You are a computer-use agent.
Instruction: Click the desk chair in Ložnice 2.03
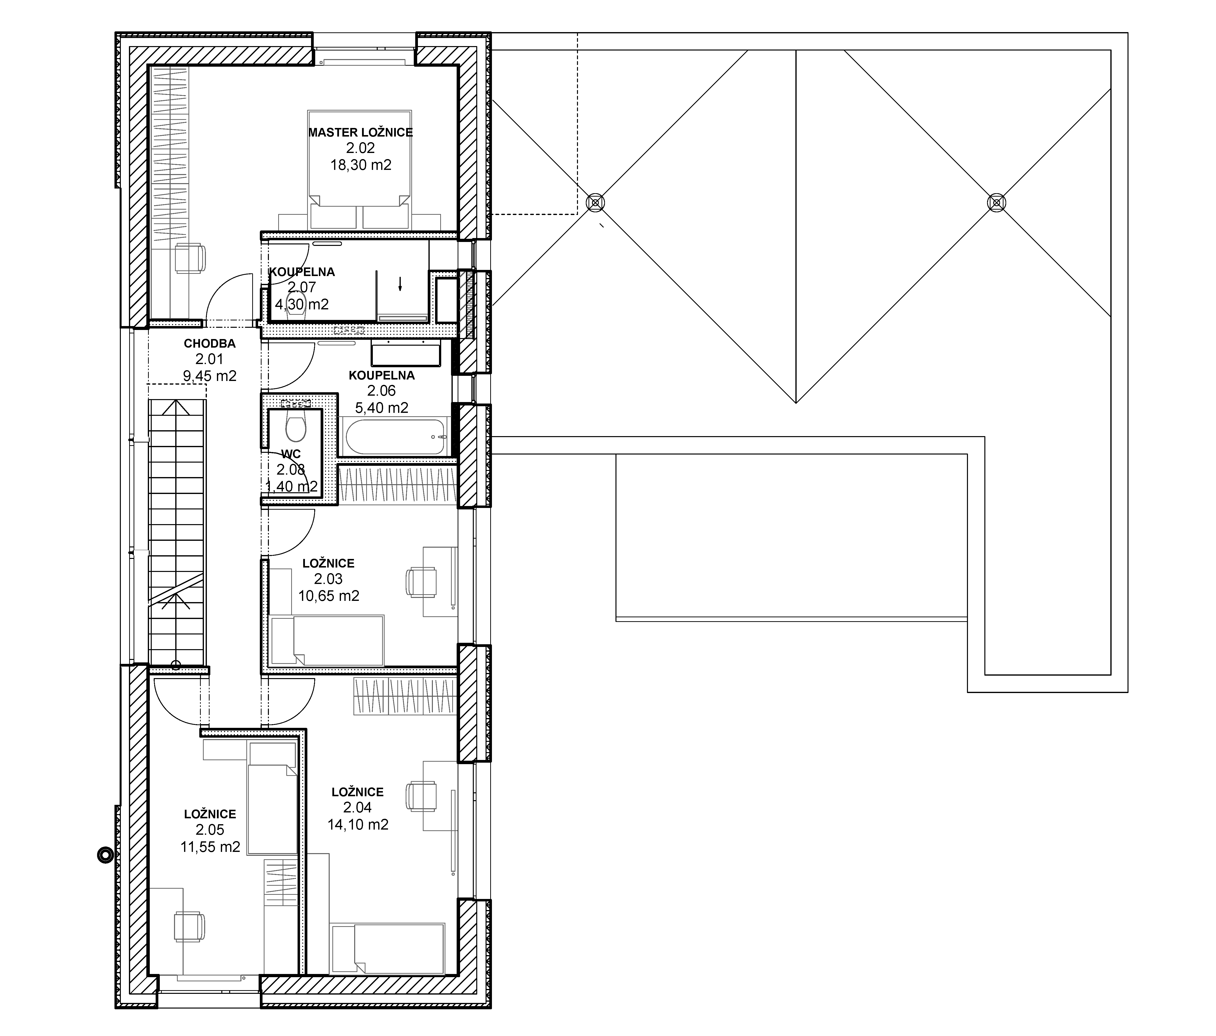coord(421,582)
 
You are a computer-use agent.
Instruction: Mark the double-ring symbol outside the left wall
coord(104,856)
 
